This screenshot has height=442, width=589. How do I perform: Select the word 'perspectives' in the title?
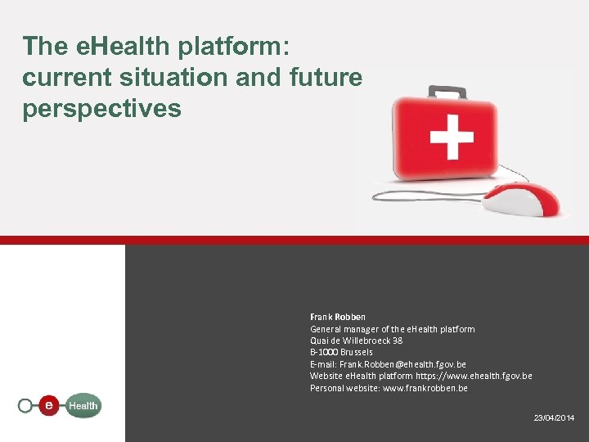tap(102, 109)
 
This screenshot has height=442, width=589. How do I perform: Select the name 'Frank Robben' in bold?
tap(338, 317)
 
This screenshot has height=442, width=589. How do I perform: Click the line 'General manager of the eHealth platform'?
tap(392, 329)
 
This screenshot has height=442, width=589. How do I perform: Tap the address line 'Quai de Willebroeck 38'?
tap(356, 341)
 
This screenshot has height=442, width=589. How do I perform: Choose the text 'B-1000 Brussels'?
tap(341, 352)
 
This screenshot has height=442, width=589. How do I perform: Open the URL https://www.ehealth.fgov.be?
tap(474, 376)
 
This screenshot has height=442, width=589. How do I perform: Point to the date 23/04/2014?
tap(554, 418)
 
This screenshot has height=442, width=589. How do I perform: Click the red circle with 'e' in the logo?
tap(51, 404)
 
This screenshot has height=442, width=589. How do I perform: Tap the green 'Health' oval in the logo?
tap(83, 405)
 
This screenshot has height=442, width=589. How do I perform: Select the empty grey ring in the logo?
tap(26, 404)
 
